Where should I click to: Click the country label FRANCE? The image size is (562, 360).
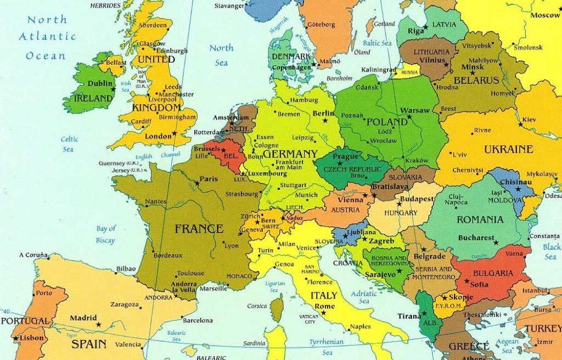tap(199, 229)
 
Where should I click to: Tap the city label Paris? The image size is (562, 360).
tap(209, 179)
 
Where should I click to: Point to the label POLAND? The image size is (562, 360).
tap(387, 122)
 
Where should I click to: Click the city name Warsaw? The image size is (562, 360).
tap(414, 110)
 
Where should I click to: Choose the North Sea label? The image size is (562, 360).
tap(221, 55)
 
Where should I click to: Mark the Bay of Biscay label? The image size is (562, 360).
tap(106, 234)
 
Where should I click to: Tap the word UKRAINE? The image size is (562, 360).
tap(508, 149)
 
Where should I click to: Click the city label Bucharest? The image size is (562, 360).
tap(476, 238)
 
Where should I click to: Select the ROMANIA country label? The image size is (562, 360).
tap(480, 220)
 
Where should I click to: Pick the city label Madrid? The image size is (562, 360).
tap(83, 318)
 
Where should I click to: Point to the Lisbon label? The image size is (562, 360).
tap(31, 338)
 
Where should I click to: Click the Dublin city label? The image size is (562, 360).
tap(100, 84)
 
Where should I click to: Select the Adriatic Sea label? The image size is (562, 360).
tap(364, 297)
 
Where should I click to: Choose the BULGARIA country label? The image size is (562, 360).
tap(493, 273)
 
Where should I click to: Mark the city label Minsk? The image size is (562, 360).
tap(473, 67)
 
